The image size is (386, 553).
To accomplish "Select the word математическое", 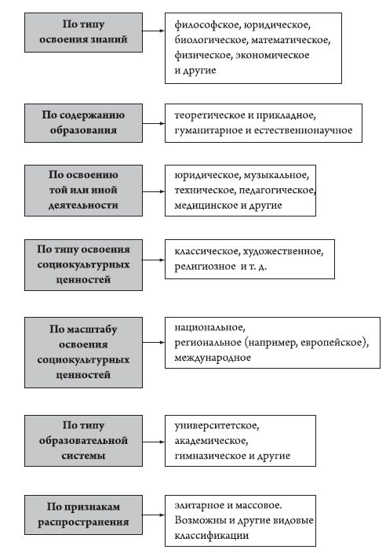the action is click(x=291, y=40).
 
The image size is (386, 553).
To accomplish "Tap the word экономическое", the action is click(x=272, y=56).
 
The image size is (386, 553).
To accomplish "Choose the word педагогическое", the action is click(x=277, y=191).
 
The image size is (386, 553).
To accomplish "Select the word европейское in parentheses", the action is click(x=331, y=343).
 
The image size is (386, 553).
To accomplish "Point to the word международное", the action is click(x=213, y=358).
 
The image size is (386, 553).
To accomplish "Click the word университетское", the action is click(x=217, y=426).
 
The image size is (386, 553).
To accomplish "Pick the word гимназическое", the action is click(x=210, y=456).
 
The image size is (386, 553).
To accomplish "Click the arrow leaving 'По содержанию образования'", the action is click(x=154, y=123).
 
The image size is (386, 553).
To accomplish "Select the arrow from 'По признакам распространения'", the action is click(x=154, y=515).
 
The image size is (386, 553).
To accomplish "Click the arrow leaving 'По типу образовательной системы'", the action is click(x=154, y=442).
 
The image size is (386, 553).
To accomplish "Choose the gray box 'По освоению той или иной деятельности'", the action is click(x=84, y=191).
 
